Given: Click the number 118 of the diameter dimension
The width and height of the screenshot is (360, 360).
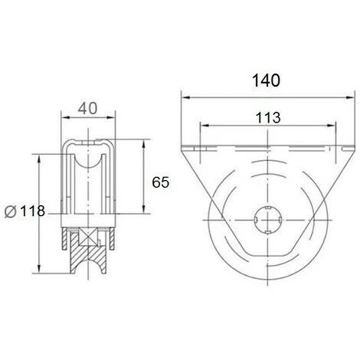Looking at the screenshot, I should coord(28,211).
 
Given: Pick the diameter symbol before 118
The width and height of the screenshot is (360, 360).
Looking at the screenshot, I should coord(9,211).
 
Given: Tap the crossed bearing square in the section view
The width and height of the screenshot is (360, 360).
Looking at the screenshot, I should coord(90,236).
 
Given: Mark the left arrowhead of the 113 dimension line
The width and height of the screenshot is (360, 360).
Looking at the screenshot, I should coord(201,124).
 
